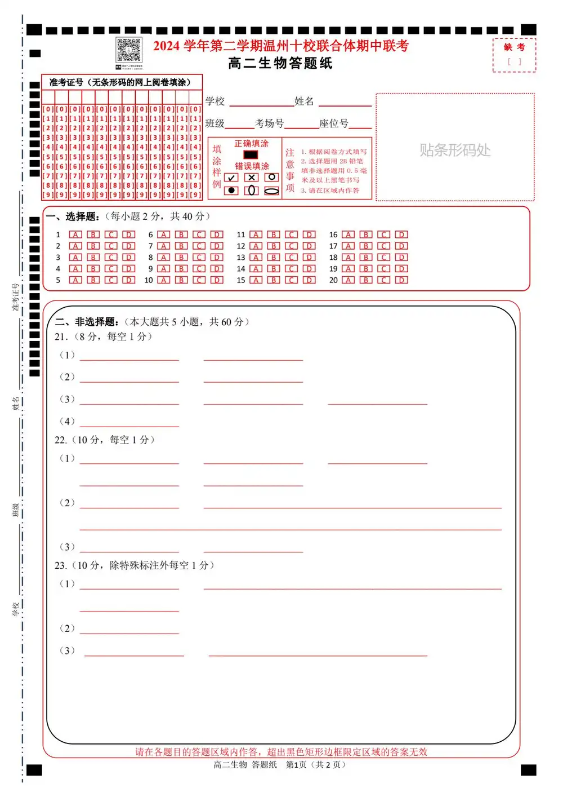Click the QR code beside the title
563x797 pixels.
click(x=128, y=50)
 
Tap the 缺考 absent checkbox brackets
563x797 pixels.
click(x=514, y=62)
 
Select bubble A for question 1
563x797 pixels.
click(x=75, y=234)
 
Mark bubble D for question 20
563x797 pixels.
click(x=401, y=280)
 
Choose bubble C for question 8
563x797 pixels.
click(x=199, y=258)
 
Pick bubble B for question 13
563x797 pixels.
click(x=274, y=258)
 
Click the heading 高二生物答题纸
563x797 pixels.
click(x=280, y=63)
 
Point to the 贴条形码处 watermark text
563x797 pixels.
click(x=455, y=150)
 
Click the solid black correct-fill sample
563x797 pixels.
click(x=251, y=154)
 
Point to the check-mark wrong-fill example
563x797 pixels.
click(x=231, y=178)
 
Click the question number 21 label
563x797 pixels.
click(x=61, y=336)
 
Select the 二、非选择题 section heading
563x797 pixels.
click(x=87, y=322)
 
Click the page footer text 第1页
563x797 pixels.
click(x=296, y=765)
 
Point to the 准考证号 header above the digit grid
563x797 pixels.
click(x=120, y=82)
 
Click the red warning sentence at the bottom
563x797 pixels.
click(x=281, y=752)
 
